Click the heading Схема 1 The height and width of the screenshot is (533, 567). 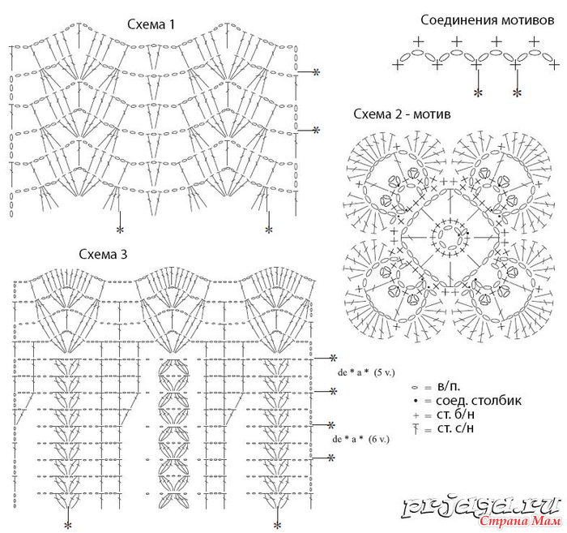tap(151, 24)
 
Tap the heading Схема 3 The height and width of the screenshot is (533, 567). tap(103, 254)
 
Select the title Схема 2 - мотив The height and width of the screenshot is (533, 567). tap(402, 114)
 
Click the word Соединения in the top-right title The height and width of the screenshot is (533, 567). tap(455, 20)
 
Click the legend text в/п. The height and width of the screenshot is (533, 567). tap(449, 387)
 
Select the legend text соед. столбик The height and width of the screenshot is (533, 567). tap(479, 401)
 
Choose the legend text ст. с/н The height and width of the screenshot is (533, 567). tap(455, 428)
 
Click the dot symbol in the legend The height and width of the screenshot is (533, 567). tap(416, 401)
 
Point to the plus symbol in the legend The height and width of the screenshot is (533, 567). tap(416, 415)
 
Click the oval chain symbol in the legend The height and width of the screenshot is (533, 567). tap(415, 388)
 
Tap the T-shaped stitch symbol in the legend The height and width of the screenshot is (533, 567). tap(416, 429)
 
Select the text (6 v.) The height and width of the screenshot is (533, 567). tap(379, 439)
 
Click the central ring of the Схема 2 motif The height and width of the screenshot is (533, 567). tap(450, 227)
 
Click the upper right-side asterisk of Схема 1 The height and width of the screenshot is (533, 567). tap(317, 71)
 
